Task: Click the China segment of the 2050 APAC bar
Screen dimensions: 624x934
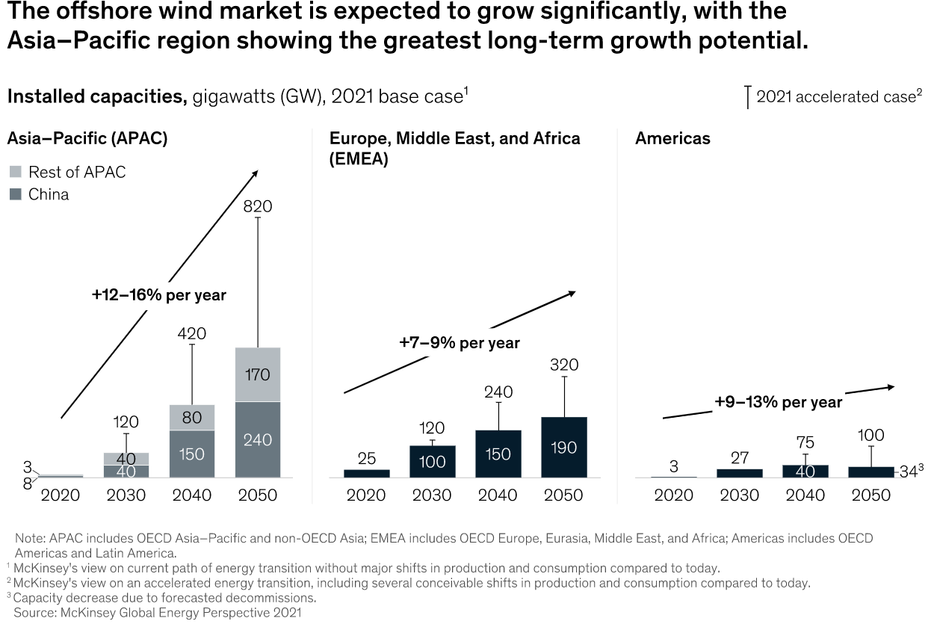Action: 258,439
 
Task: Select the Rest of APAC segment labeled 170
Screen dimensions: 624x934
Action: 258,374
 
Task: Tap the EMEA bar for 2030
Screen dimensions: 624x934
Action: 432,461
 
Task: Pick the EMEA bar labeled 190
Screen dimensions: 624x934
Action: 564,447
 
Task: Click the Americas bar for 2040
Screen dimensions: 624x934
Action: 805,471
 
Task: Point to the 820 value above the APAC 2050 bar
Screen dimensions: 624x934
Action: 257,206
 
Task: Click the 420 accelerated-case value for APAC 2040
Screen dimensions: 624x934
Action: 192,333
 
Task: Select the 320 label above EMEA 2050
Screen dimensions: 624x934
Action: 564,365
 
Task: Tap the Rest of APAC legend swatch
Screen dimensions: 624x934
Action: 15,173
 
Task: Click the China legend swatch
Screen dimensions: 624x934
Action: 15,195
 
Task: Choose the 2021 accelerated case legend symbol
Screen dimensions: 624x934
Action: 747,98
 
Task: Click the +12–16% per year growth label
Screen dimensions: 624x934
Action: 159,294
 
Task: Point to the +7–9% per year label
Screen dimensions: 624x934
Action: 459,343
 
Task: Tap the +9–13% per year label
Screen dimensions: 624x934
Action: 778,402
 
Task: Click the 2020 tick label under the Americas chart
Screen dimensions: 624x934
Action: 673,495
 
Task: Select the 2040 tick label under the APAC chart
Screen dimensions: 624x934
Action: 192,495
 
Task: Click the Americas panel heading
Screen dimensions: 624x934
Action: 672,138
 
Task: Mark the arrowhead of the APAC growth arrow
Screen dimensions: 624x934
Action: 256,172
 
